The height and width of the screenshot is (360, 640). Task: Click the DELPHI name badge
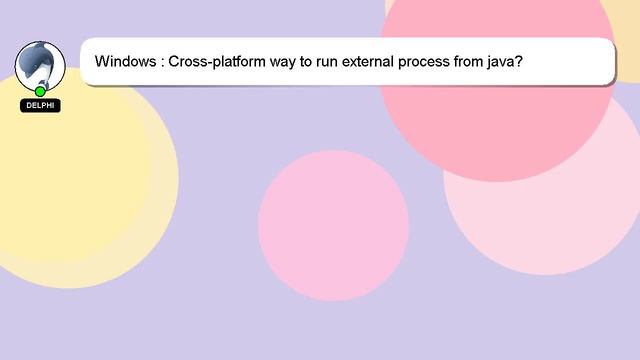pyautogui.click(x=40, y=105)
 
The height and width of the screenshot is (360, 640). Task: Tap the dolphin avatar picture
pyautogui.click(x=40, y=66)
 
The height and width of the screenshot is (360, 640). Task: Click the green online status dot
pyautogui.click(x=40, y=91)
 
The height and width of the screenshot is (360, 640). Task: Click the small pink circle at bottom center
pyautogui.click(x=333, y=225)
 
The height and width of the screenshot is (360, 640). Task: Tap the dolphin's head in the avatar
pyautogui.click(x=37, y=54)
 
